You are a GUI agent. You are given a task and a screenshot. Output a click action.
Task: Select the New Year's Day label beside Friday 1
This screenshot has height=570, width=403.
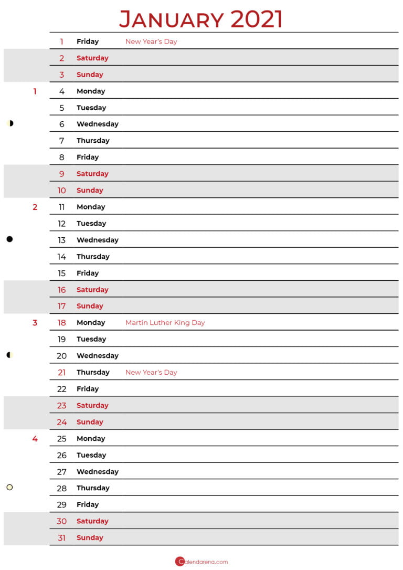[151, 41]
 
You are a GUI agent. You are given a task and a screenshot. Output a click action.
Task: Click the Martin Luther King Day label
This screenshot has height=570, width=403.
[165, 323]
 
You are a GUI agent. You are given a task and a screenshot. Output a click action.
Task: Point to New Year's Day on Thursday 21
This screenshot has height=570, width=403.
[151, 372]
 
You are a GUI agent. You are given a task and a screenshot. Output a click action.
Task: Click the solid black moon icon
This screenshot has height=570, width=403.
[9, 239]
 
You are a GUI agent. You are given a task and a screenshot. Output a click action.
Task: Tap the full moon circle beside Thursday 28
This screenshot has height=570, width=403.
[9, 488]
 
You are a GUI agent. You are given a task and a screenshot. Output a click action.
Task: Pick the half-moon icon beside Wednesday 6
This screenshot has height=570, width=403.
[10, 123]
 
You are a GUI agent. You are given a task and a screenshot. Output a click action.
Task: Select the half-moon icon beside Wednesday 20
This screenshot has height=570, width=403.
[9, 355]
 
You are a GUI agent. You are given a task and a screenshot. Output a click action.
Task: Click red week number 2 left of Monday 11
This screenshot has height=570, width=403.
[35, 207]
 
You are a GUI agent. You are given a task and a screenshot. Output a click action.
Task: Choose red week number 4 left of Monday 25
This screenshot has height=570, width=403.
[35, 439]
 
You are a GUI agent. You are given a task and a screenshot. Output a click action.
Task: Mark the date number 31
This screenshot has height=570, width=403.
[62, 537]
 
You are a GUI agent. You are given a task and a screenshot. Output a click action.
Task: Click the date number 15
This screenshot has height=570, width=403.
[62, 273]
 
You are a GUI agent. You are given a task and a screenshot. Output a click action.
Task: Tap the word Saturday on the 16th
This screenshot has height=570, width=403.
[92, 290]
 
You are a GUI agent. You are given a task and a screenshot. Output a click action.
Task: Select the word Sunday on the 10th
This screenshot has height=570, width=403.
[90, 190]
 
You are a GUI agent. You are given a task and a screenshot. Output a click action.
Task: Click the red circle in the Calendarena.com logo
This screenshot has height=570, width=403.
[180, 562]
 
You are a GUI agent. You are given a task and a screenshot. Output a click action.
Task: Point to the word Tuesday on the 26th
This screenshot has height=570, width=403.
[91, 455]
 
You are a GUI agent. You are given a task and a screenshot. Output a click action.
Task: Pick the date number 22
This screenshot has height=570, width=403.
[62, 389]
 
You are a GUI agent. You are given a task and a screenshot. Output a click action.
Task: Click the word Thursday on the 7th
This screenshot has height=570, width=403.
[93, 141]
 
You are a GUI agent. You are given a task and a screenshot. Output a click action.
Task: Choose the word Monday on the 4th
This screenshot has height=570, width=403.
[91, 91]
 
